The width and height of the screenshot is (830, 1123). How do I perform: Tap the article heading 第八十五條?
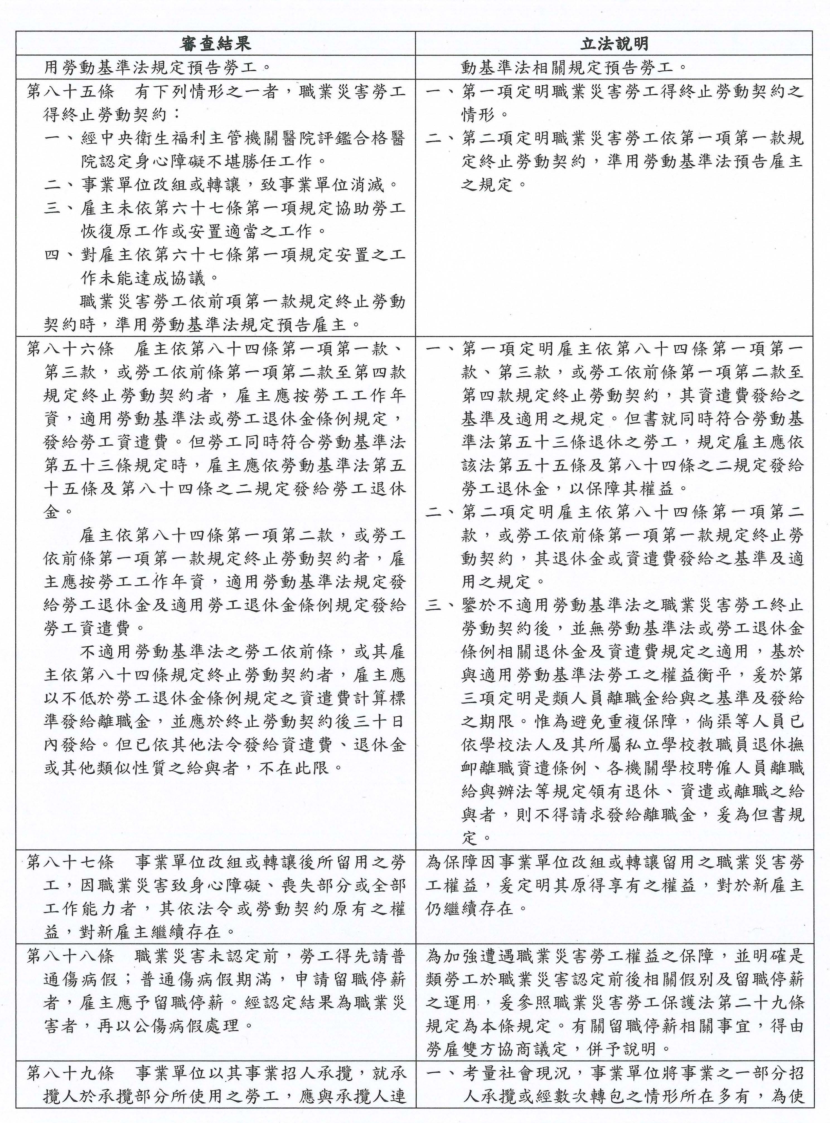[x=70, y=92]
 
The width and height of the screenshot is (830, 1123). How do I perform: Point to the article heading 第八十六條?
[x=70, y=349]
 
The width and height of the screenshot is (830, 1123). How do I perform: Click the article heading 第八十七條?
[x=70, y=863]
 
